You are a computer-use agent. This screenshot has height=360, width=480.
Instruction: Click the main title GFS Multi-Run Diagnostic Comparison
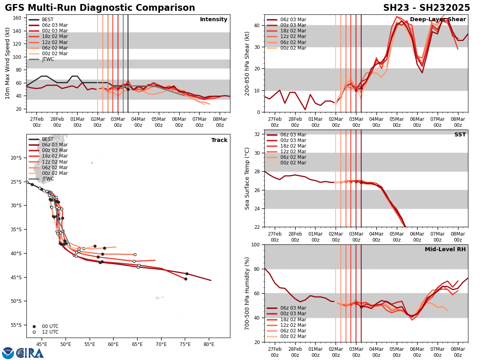coord(100,8)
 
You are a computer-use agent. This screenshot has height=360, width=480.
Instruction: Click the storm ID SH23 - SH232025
coord(426,8)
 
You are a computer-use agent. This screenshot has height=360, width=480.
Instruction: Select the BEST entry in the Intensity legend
coord(48,20)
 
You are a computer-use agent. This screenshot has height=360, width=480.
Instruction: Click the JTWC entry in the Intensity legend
coord(48,59)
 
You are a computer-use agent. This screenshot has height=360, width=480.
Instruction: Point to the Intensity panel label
coord(213,20)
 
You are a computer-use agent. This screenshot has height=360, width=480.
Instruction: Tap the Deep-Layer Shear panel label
coord(438,20)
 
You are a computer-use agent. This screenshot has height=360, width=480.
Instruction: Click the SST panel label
coord(460,135)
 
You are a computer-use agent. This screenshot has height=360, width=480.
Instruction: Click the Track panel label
coord(219,140)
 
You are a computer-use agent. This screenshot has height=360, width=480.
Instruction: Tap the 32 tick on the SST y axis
coord(257,134)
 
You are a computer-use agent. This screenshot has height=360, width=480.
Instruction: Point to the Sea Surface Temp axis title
coord(247,178)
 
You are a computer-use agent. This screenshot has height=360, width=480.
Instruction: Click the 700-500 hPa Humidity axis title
coord(247,293)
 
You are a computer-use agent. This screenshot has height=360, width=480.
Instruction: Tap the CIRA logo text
coord(30,353)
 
